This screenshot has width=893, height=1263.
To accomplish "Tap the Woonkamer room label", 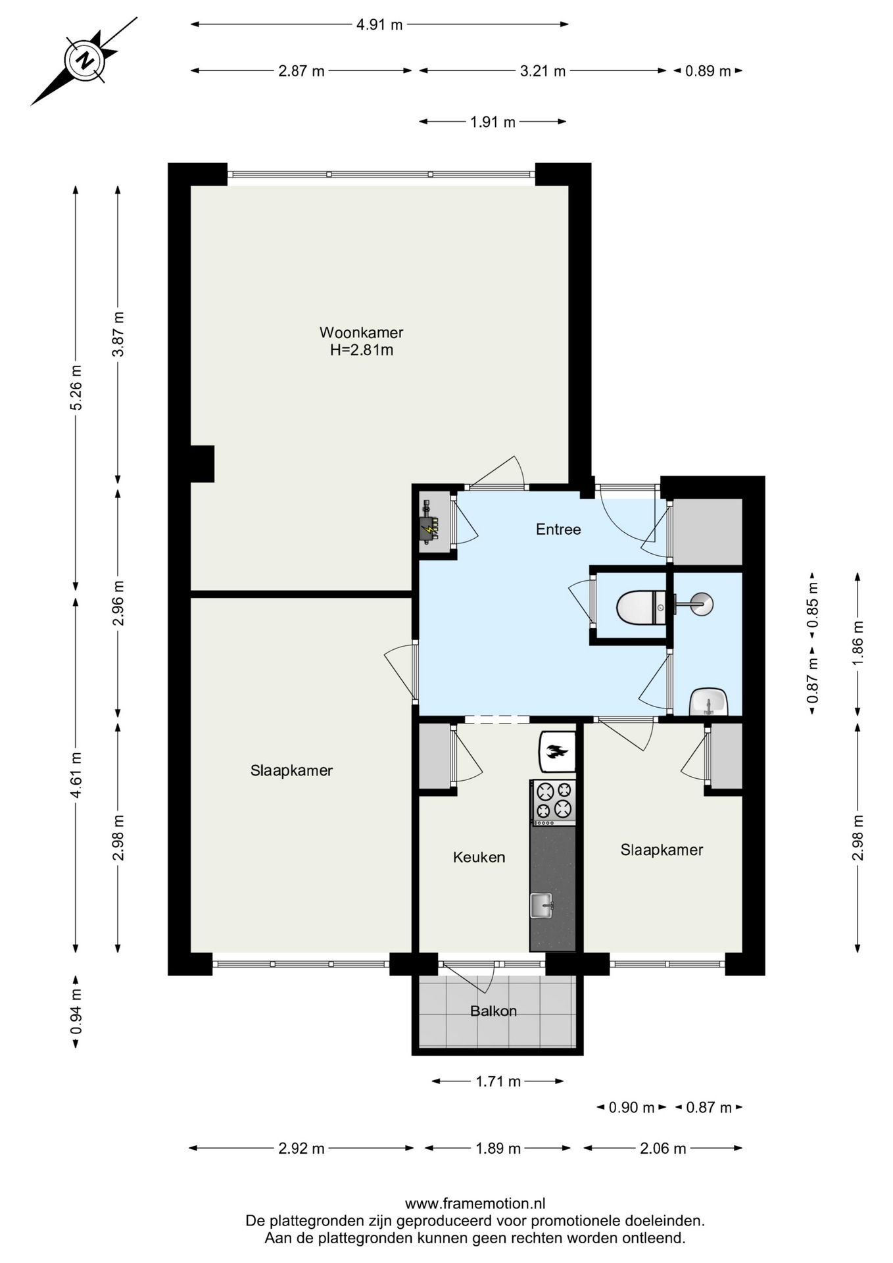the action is click(361, 332).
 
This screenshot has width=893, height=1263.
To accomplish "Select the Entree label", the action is click(558, 530).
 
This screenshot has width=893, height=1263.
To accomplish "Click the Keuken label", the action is click(479, 857).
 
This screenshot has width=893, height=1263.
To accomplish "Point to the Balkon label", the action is click(493, 1011).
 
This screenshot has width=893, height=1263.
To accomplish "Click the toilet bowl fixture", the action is click(642, 607).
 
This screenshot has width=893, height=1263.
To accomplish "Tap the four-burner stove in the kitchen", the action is click(553, 802).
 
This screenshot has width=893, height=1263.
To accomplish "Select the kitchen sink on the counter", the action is click(543, 905).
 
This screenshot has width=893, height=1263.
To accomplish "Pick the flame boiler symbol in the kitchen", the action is click(558, 752).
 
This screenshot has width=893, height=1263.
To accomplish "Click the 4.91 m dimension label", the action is click(379, 25).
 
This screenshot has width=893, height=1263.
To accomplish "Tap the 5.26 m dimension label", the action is click(76, 387).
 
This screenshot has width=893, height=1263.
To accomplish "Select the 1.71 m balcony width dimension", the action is click(498, 1081).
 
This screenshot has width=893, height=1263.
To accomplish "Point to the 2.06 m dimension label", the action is click(663, 1149).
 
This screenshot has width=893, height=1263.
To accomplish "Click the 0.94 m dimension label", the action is click(76, 1011).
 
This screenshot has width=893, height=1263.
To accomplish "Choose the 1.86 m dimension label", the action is click(857, 643).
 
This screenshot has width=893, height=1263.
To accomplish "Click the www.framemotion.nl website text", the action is click(475, 1204).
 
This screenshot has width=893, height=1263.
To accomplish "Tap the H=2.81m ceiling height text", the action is click(362, 350).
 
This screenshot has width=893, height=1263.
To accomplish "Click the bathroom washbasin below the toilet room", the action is click(708, 702).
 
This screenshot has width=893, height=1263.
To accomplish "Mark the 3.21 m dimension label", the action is click(543, 71).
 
